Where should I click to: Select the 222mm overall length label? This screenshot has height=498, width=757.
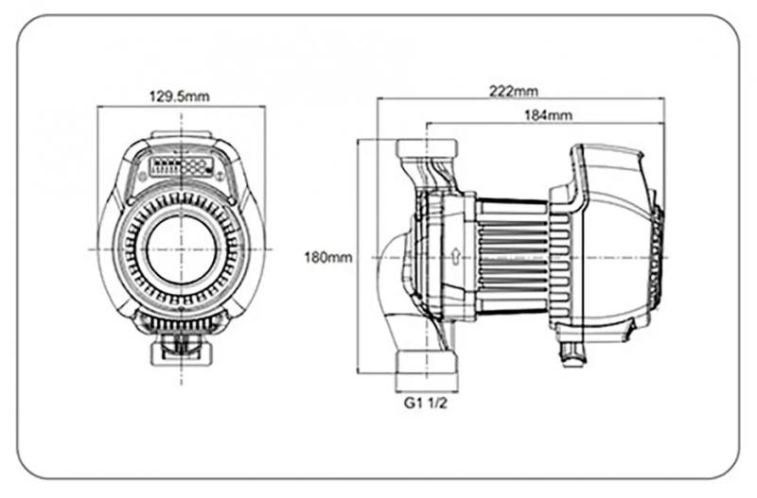[x=514, y=91]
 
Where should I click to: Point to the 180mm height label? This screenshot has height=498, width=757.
[x=327, y=256]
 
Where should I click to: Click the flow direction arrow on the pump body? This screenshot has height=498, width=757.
[x=457, y=254]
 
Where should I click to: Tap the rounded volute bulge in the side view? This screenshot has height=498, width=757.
[x=390, y=256]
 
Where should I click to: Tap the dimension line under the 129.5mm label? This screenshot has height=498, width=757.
[x=182, y=106]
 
